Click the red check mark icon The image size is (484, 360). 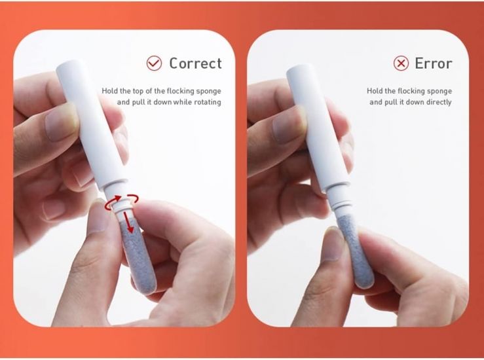click(x=154, y=63)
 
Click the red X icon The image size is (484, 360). click(x=401, y=63)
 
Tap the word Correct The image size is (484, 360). click(x=195, y=63)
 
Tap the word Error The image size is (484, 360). click(x=434, y=63)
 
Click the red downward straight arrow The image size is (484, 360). click(x=129, y=221)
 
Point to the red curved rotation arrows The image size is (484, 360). click(x=122, y=202)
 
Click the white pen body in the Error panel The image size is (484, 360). click(x=318, y=127)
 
